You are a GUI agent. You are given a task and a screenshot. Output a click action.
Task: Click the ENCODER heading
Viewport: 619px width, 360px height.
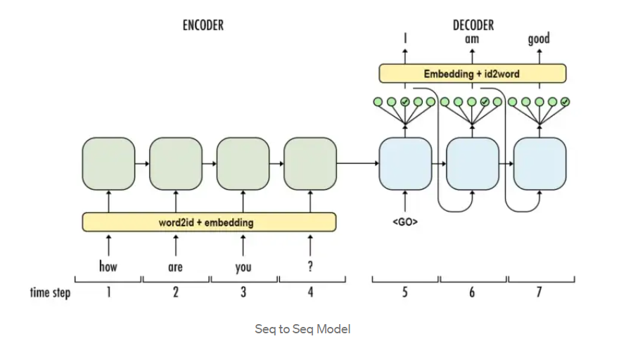click(203, 25)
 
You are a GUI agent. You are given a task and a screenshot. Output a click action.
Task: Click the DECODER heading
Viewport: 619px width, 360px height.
click(473, 25)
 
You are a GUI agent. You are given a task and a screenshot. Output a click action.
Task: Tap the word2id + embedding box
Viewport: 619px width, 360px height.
click(209, 222)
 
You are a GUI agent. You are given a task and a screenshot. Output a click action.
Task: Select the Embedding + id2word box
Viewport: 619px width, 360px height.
click(473, 73)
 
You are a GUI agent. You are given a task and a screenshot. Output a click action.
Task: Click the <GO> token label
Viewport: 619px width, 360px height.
click(405, 222)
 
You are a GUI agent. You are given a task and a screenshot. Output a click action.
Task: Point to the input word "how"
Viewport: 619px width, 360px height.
click(108, 266)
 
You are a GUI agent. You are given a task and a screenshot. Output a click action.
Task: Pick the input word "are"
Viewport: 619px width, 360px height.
click(175, 267)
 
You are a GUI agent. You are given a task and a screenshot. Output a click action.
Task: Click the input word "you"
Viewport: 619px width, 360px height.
click(243, 268)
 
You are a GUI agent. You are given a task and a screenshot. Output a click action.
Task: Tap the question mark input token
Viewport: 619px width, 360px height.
click(310, 266)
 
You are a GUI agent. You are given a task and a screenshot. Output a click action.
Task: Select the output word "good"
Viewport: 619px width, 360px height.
click(539, 39)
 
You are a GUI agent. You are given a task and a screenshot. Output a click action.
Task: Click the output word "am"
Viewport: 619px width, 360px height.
click(472, 39)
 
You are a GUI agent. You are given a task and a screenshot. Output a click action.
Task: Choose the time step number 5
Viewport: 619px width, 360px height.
click(405, 292)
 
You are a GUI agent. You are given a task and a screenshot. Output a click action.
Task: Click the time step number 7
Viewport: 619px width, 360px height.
click(540, 292)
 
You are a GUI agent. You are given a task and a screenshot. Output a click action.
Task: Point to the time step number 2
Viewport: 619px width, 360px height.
click(176, 292)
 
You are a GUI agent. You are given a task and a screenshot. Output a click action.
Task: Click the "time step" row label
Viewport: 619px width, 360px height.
click(50, 293)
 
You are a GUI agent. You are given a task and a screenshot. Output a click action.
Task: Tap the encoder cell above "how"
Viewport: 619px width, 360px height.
click(108, 164)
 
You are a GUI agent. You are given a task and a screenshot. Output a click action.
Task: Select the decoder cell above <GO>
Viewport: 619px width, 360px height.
click(405, 164)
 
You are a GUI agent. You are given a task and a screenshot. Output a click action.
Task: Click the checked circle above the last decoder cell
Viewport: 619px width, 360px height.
click(566, 102)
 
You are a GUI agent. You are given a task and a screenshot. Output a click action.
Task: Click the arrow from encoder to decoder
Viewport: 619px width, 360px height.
click(357, 163)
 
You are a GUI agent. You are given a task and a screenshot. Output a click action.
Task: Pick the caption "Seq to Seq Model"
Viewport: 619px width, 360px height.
click(302, 329)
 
